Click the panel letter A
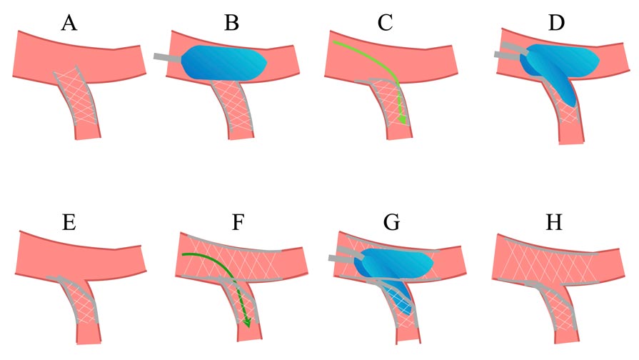tap(69, 23)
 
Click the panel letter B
tap(231, 23)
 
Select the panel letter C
tap(385, 23)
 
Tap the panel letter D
tap(556, 23)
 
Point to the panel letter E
tap(69, 223)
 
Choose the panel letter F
tap(238, 223)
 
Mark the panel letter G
tap(392, 223)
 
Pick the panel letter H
tap(554, 223)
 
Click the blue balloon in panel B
tap(224, 62)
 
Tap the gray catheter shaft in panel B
tap(167, 57)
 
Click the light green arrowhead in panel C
tap(403, 120)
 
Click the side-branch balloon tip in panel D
tap(574, 105)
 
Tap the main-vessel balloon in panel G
tap(393, 264)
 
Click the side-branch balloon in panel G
tap(398, 296)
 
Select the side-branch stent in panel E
tap(77, 300)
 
